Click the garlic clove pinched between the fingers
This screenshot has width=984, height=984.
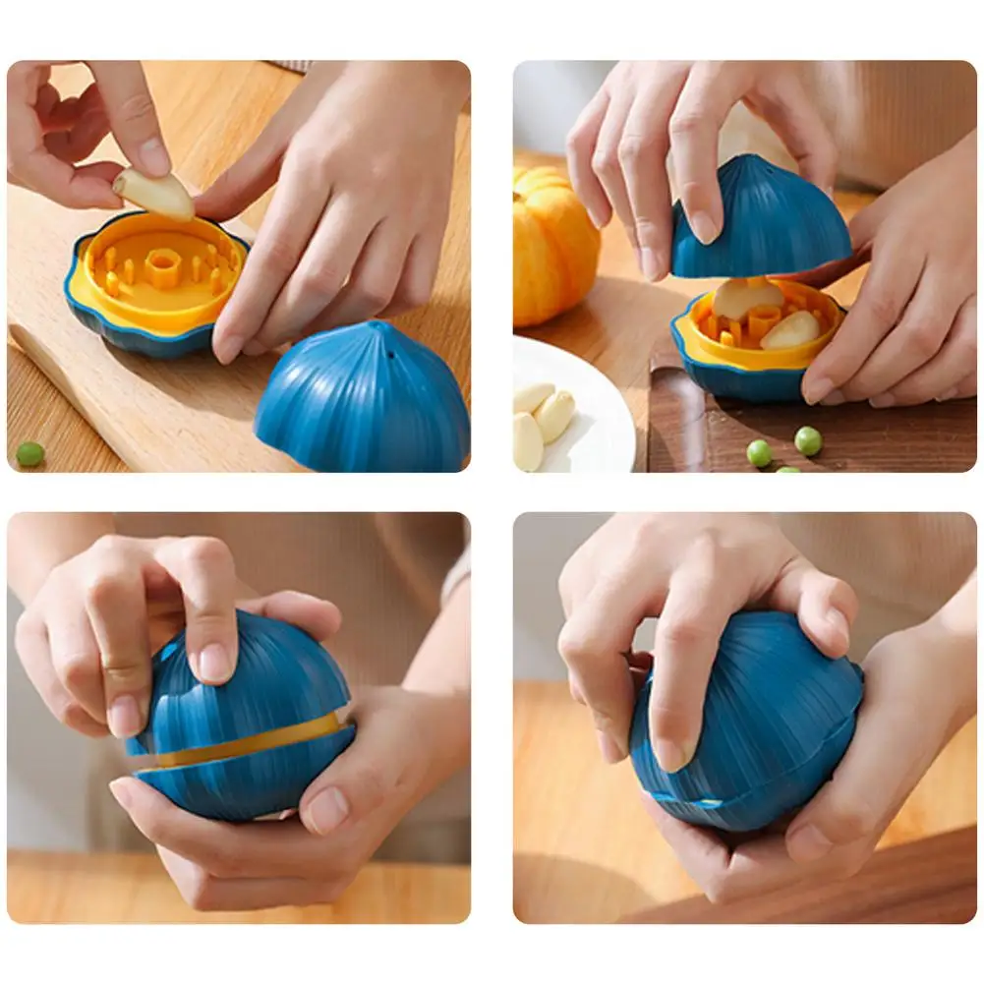pos(155,195)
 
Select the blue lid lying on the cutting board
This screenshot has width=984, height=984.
pos(364,398)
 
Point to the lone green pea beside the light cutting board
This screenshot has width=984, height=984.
pos(29,453)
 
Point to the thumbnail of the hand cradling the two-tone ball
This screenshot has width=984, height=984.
pos(325,808)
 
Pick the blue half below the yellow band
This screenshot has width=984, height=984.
pos(246,781)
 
